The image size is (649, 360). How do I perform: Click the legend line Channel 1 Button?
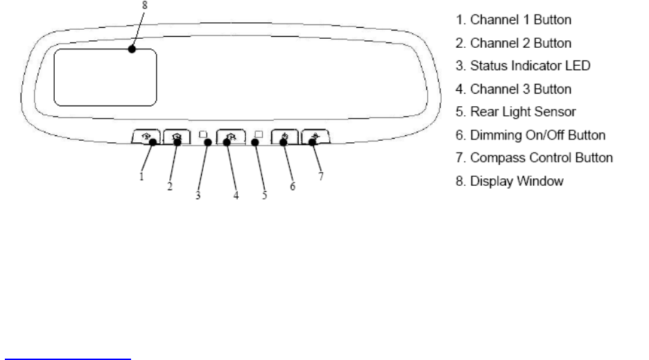click(512, 19)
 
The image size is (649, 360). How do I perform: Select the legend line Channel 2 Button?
click(512, 43)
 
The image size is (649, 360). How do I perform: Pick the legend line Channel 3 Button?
click(512, 89)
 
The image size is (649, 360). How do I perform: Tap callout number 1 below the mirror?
click(141, 176)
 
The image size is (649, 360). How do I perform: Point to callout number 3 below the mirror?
click(198, 196)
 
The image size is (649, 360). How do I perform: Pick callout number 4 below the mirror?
click(236, 196)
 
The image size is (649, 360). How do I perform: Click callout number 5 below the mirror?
click(264, 196)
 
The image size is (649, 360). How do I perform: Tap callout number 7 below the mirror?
click(320, 176)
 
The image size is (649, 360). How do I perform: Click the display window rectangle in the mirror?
click(105, 76)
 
